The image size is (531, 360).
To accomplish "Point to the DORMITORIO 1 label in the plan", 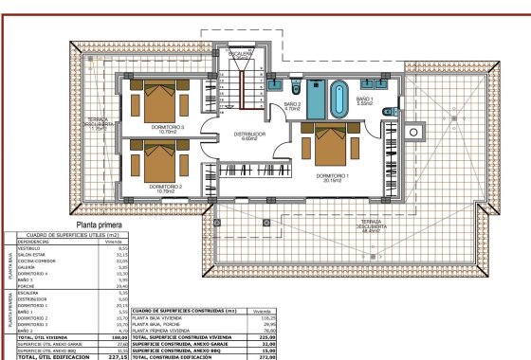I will (x=333, y=177).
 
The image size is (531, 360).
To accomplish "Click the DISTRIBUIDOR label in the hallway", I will (x=251, y=136).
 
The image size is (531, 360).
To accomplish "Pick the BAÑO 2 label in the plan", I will (x=293, y=106).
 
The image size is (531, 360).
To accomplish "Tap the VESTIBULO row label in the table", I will (x=28, y=248).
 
